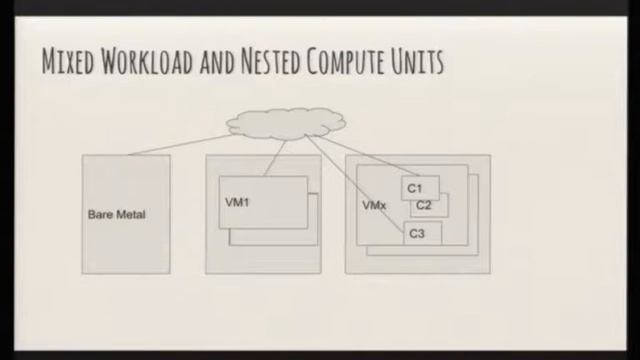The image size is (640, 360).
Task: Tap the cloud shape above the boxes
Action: (286, 123)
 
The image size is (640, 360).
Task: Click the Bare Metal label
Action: (116, 214)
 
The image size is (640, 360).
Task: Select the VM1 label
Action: (237, 202)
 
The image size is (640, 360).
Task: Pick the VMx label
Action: (374, 205)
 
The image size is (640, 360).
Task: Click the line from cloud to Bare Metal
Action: (180, 143)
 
